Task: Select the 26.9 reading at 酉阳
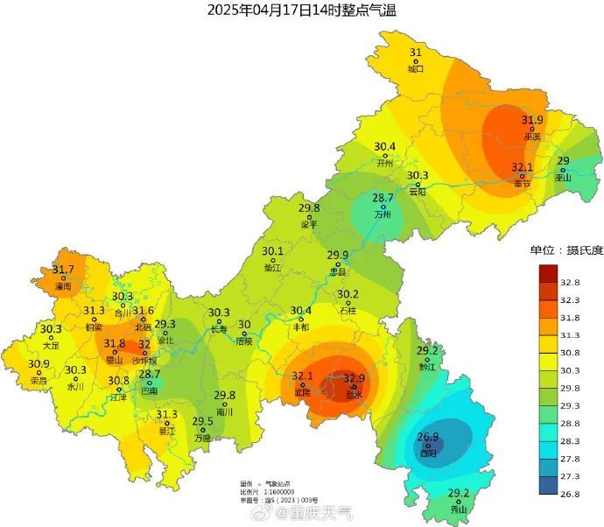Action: (x=427, y=437)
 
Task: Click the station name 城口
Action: (x=416, y=68)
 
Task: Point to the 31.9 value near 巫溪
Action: (x=532, y=120)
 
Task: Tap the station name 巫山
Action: (x=563, y=177)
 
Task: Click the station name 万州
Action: (x=383, y=214)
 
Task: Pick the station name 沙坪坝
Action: (x=144, y=360)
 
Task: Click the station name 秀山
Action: (x=459, y=509)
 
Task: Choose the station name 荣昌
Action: (x=39, y=381)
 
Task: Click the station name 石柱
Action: (x=348, y=310)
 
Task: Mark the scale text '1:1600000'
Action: (x=277, y=493)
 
